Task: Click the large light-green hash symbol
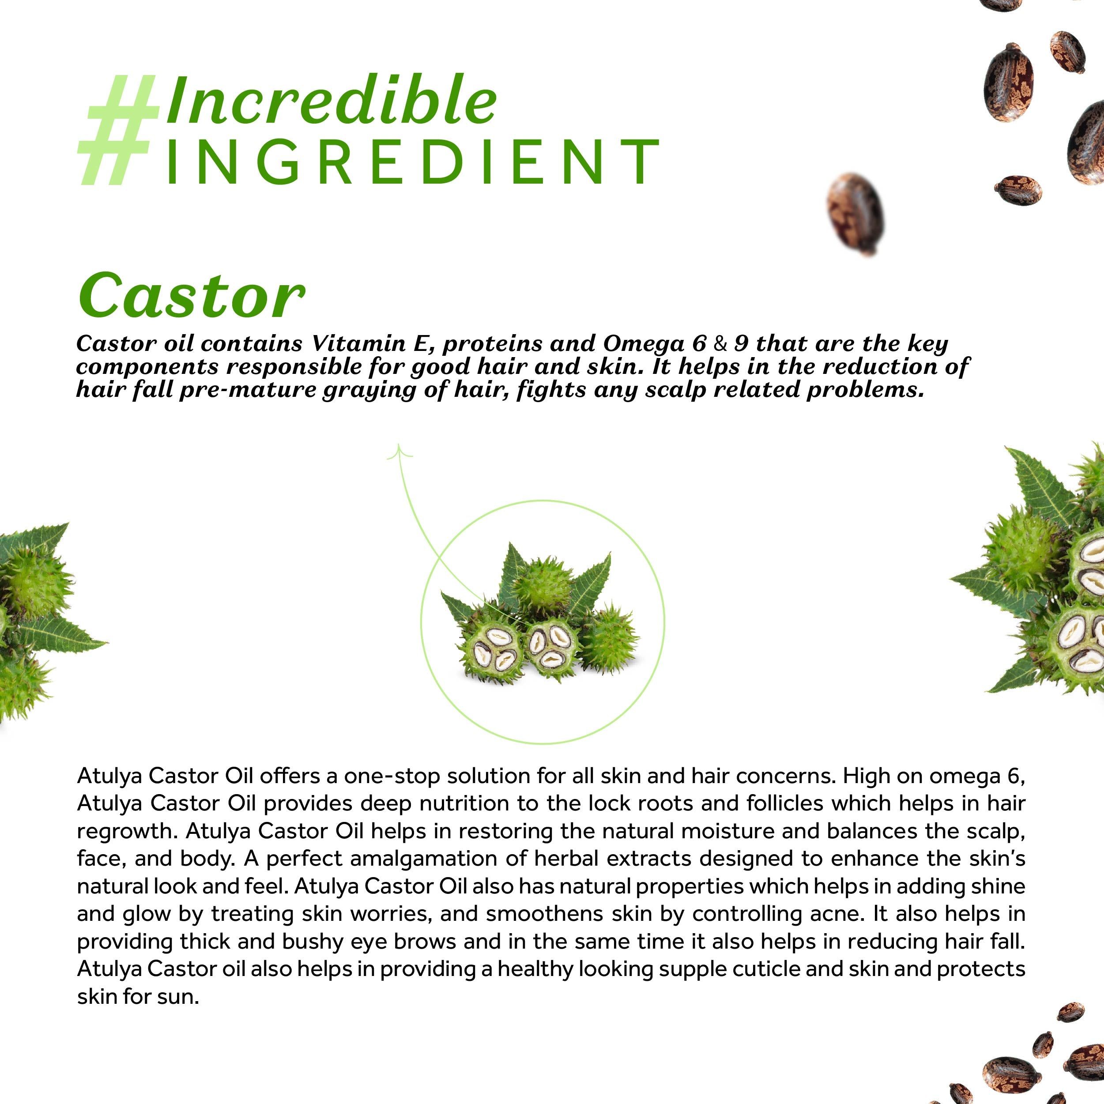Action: pyautogui.click(x=119, y=130)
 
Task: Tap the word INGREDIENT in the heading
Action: pyautogui.click(x=412, y=161)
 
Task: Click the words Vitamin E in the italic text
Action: pyautogui.click(x=365, y=343)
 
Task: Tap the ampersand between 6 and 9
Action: pyautogui.click(x=721, y=344)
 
